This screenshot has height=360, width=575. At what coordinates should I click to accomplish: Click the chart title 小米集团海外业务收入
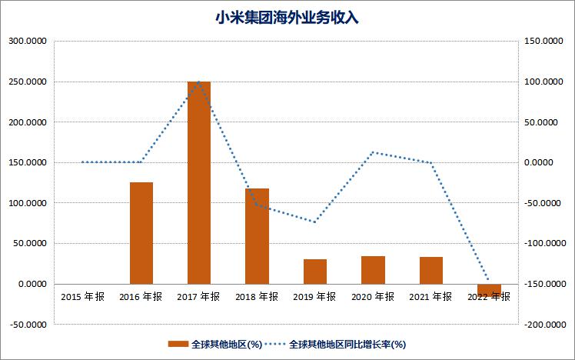[x=287, y=17]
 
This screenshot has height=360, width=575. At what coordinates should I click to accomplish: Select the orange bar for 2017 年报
[x=199, y=182]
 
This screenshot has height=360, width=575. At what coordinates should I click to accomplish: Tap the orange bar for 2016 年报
[x=141, y=233]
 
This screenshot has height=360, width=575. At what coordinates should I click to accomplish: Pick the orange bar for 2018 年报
[x=258, y=236]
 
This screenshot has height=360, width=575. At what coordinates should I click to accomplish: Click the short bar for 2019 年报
[x=315, y=272]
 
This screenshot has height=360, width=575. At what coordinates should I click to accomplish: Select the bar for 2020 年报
[x=373, y=270]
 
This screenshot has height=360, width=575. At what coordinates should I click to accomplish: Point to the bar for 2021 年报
[x=431, y=270]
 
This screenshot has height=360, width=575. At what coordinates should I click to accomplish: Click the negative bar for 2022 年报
[x=489, y=289]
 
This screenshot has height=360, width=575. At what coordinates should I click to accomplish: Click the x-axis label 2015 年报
[x=83, y=297]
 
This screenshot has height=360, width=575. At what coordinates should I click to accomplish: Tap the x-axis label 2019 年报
[x=315, y=297]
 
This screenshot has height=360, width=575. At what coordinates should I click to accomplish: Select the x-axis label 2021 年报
[x=431, y=297]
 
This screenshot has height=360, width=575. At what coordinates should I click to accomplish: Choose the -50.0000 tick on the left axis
[x=28, y=325]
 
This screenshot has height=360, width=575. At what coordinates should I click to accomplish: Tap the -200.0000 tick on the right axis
[x=543, y=325]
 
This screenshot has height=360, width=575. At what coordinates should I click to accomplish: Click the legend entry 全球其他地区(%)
[x=217, y=345]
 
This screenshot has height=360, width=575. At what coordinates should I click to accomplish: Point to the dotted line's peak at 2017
[x=199, y=82]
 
